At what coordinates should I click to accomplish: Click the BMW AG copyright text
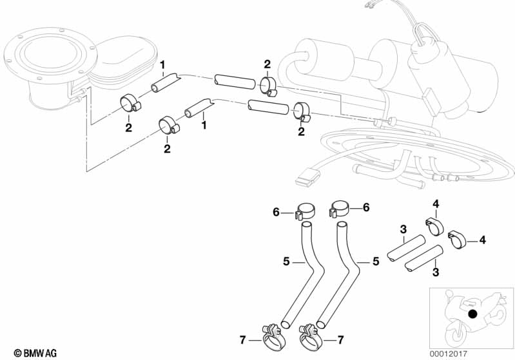pyautogui.click(x=35, y=353)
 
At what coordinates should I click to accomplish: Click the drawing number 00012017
pyautogui.click(x=449, y=354)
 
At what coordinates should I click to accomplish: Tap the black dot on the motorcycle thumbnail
pyautogui.click(x=472, y=314)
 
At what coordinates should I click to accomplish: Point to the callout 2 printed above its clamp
pyautogui.click(x=267, y=64)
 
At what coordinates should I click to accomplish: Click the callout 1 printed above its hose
pyautogui.click(x=162, y=65)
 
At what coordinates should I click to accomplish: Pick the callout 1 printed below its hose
pyautogui.click(x=204, y=125)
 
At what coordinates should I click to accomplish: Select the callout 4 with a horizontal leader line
pyautogui.click(x=482, y=240)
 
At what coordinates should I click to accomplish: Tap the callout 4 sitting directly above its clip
pyautogui.click(x=436, y=204)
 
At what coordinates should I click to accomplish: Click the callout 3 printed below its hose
pyautogui.click(x=436, y=272)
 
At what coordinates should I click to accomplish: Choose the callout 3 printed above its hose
pyautogui.click(x=403, y=229)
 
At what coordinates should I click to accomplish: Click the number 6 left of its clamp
pyautogui.click(x=276, y=213)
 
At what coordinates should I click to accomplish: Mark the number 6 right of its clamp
pyautogui.click(x=366, y=207)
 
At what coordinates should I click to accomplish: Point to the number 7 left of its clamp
pyautogui.click(x=242, y=340)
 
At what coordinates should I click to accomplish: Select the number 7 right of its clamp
pyautogui.click(x=340, y=340)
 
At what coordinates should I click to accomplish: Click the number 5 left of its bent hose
pyautogui.click(x=286, y=261)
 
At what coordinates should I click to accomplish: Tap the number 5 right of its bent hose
pyautogui.click(x=376, y=261)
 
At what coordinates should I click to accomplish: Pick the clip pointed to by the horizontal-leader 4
pyautogui.click(x=456, y=240)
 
